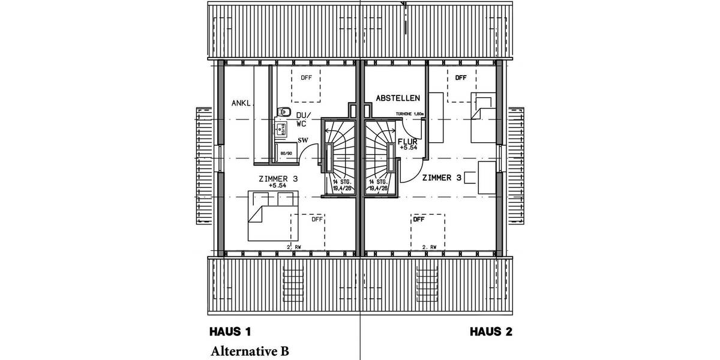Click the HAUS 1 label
[x=229, y=331]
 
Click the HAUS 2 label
[x=491, y=331]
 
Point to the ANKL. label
[x=242, y=103]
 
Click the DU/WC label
[x=302, y=119]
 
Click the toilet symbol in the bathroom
[x=284, y=112]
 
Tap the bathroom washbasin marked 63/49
[x=280, y=127]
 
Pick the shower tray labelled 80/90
[x=286, y=152]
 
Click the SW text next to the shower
[x=303, y=140]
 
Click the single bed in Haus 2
[x=484, y=116]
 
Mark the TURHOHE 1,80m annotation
[x=410, y=113]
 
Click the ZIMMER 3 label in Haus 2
[x=442, y=178]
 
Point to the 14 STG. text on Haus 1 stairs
[x=342, y=181]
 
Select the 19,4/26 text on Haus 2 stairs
[x=377, y=188]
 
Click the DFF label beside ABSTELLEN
[x=460, y=78]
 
